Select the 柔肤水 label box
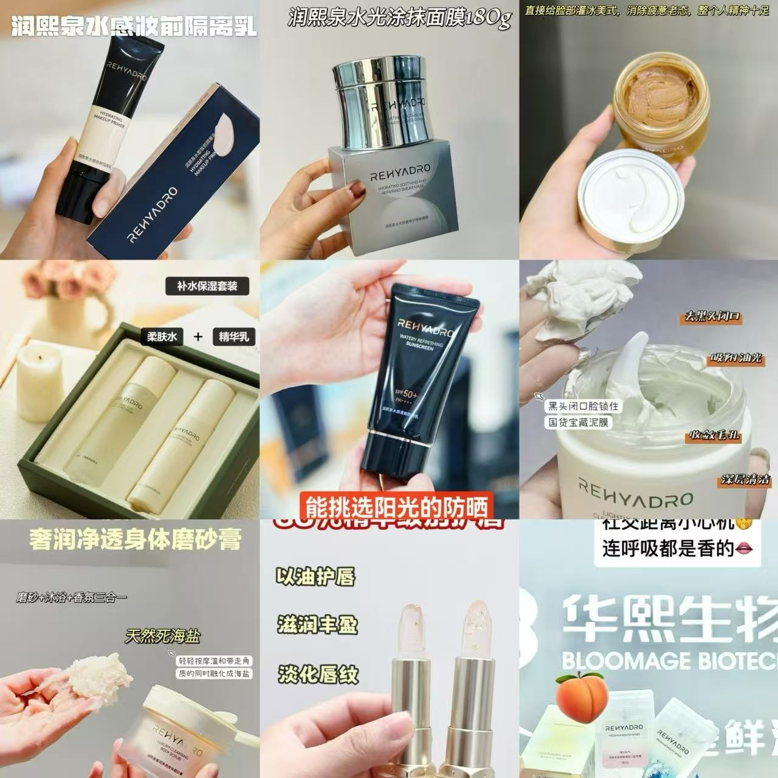click(164, 336)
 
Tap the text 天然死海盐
click(162, 636)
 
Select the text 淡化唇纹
click(318, 674)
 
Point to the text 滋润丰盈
click(318, 625)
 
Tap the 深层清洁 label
click(745, 479)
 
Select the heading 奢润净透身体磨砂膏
click(135, 540)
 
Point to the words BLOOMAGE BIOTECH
click(669, 660)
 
